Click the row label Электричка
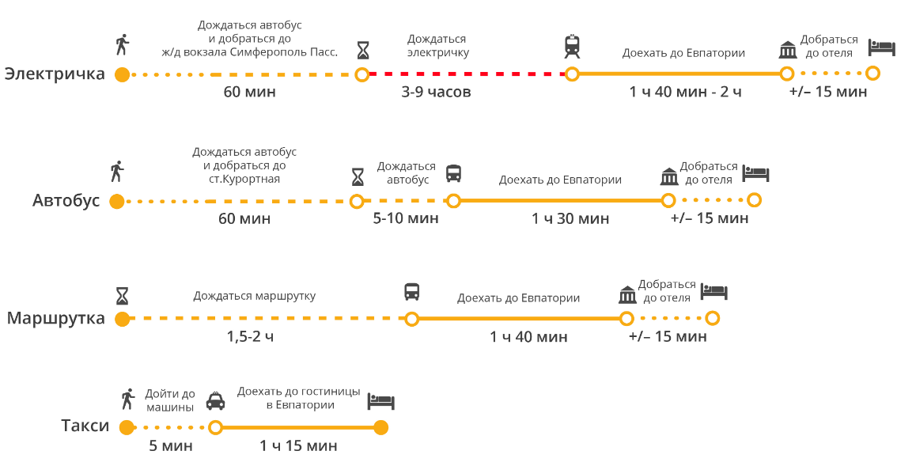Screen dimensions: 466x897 tap(55, 74)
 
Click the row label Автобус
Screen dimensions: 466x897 tap(66, 201)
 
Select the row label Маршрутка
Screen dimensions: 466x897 tap(56, 319)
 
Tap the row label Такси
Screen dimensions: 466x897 tap(85, 426)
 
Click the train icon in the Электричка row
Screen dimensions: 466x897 tap(572, 47)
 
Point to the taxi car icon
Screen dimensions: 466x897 tap(215, 401)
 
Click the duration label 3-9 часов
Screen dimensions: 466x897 tap(436, 92)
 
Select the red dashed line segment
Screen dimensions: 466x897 tap(467, 74)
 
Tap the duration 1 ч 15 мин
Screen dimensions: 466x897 tap(298, 446)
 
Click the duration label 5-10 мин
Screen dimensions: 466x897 tap(405, 218)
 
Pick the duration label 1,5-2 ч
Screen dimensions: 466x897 tap(250, 336)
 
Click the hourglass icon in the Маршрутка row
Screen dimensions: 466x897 tap(122, 297)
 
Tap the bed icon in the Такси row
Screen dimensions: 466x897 tap(380, 402)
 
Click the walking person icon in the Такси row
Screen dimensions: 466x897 tap(127, 399)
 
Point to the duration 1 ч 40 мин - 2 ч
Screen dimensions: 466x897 tap(685, 92)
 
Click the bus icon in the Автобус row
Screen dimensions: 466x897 tap(453, 173)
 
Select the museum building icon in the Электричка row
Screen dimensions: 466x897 tap(787, 50)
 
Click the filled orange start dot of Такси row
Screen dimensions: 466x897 tap(126, 428)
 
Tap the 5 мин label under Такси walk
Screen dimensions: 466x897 tap(171, 446)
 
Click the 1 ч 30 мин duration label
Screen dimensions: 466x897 tap(570, 218)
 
